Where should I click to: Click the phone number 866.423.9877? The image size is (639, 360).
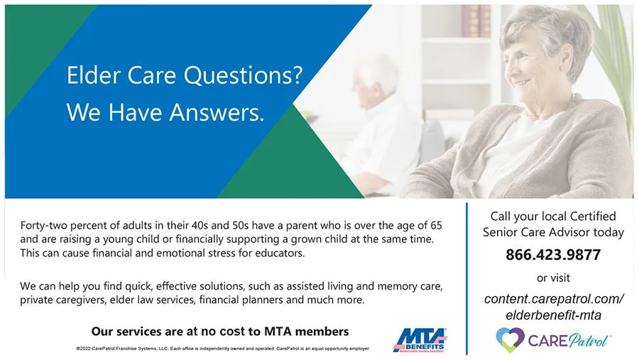click(x=553, y=255)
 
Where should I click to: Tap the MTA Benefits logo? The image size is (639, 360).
click(x=420, y=339)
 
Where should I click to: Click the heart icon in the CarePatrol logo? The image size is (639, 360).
click(x=509, y=339)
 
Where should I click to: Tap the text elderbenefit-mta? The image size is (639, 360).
click(x=553, y=315)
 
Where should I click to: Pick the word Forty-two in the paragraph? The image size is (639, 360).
click(x=44, y=225)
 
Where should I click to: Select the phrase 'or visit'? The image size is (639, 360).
click(x=553, y=278)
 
